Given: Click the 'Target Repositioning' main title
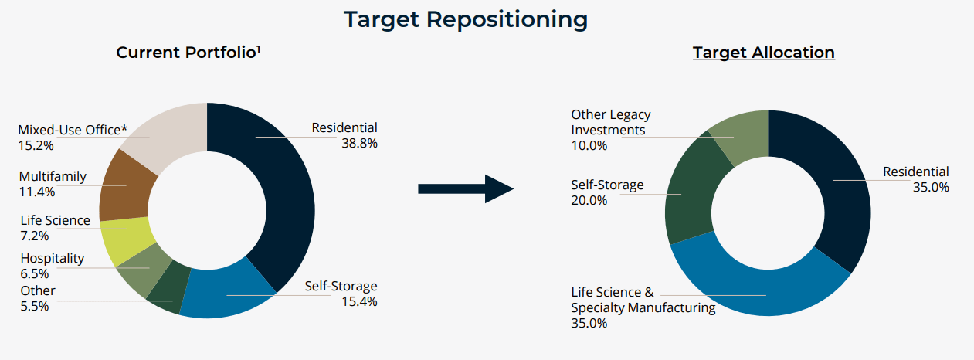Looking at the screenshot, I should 466,19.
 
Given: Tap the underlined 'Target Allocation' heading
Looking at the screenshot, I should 763,53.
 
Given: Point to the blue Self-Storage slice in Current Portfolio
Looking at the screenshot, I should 224,294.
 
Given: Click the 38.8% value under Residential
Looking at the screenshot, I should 359,143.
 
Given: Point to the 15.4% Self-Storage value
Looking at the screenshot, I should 359,301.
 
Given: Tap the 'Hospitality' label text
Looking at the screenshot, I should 53,259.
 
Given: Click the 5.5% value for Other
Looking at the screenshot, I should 35,306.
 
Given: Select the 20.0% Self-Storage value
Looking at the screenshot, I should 589,200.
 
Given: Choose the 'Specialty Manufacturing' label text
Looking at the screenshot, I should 643,307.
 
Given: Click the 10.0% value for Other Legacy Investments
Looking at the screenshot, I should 589,145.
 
